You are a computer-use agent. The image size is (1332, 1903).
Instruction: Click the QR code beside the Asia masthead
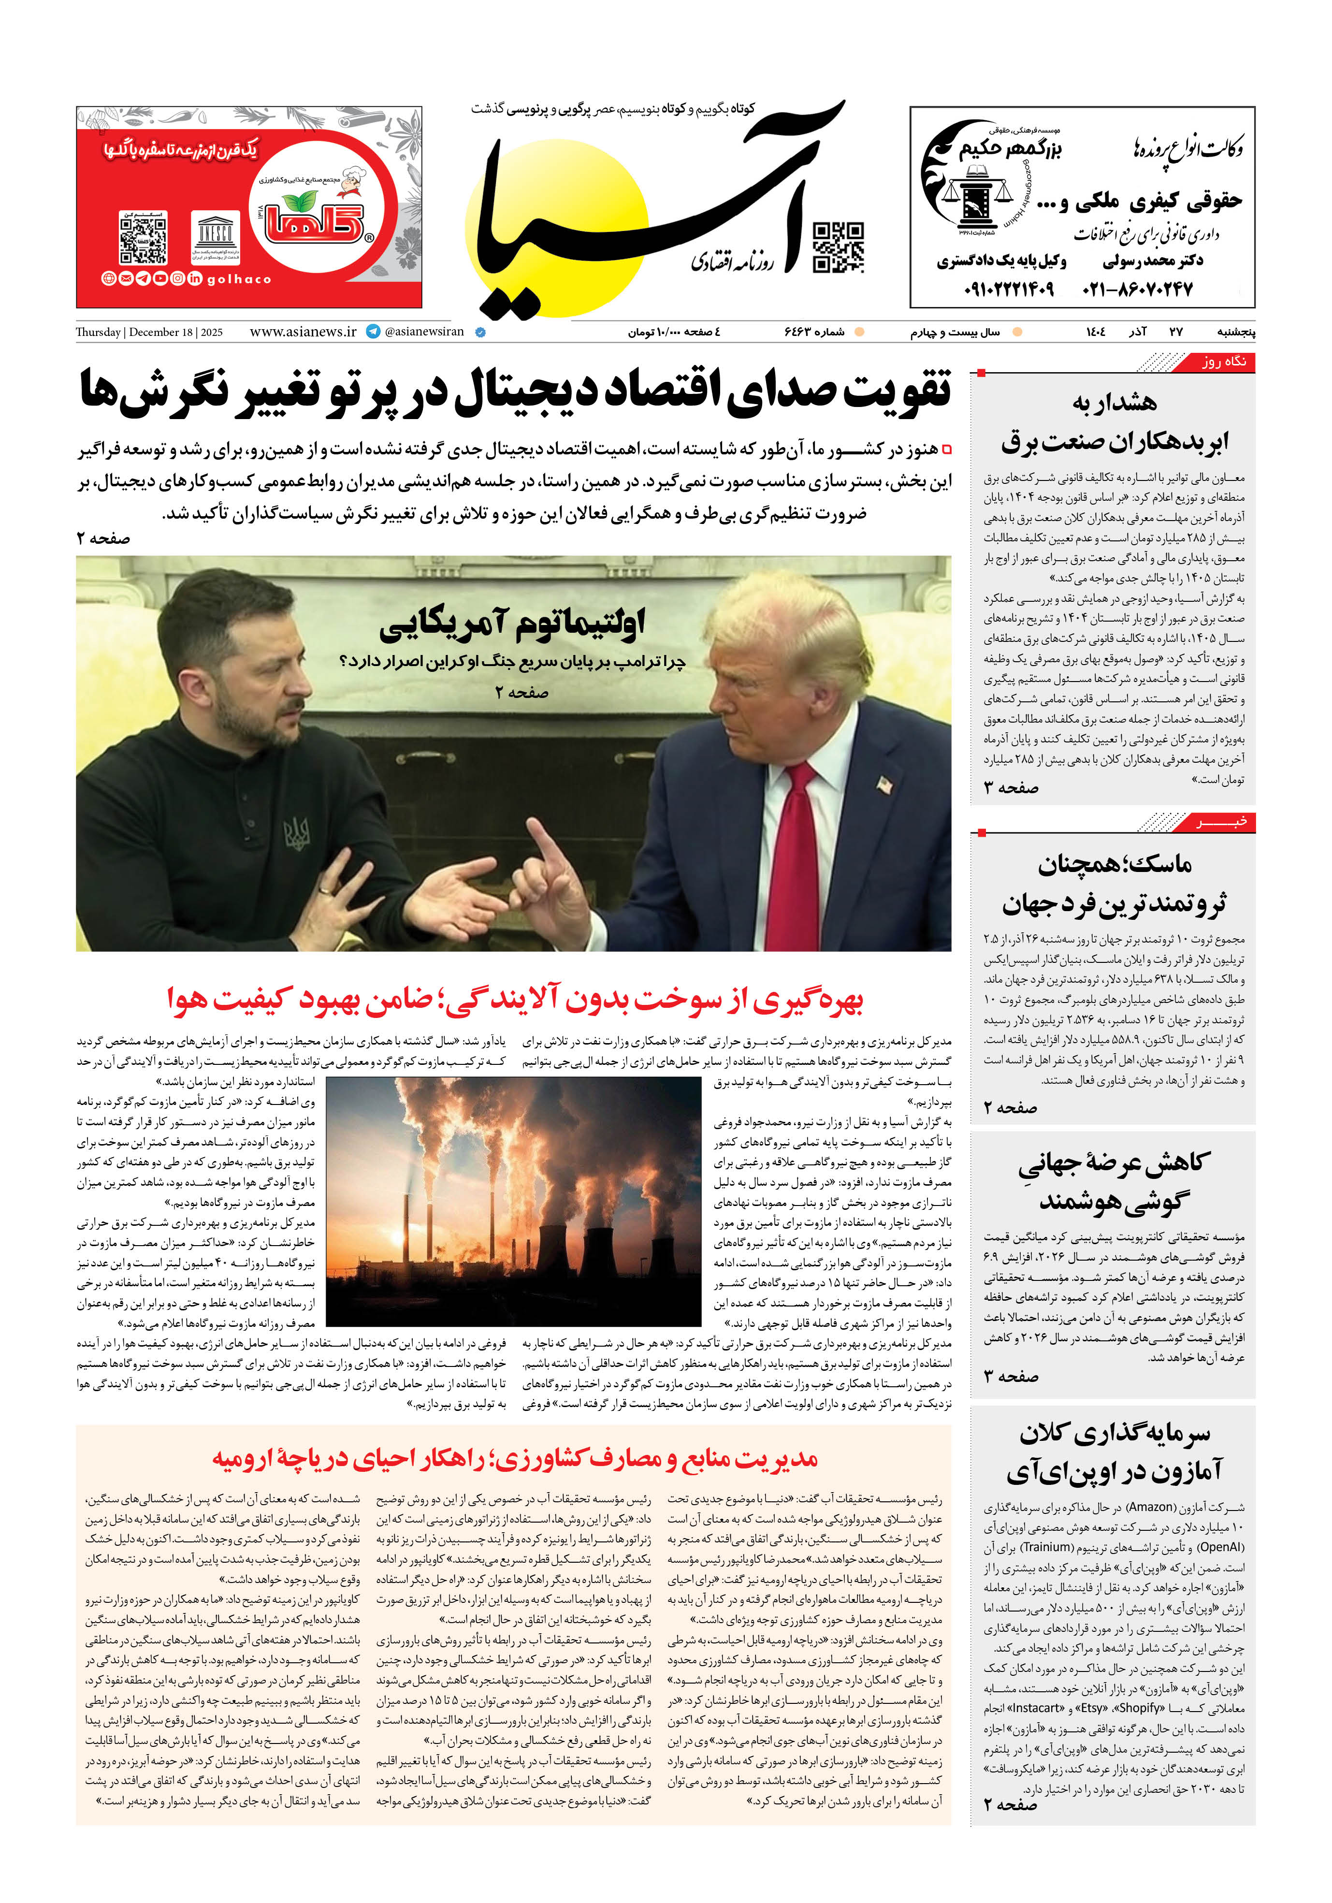(838, 247)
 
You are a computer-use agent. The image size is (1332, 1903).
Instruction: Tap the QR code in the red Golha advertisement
(144, 238)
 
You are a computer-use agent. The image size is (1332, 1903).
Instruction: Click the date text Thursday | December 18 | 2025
(149, 333)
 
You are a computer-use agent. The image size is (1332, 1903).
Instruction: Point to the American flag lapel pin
(884, 783)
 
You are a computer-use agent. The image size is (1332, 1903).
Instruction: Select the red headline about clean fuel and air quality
(514, 1000)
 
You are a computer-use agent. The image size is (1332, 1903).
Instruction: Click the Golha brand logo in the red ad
(316, 217)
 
